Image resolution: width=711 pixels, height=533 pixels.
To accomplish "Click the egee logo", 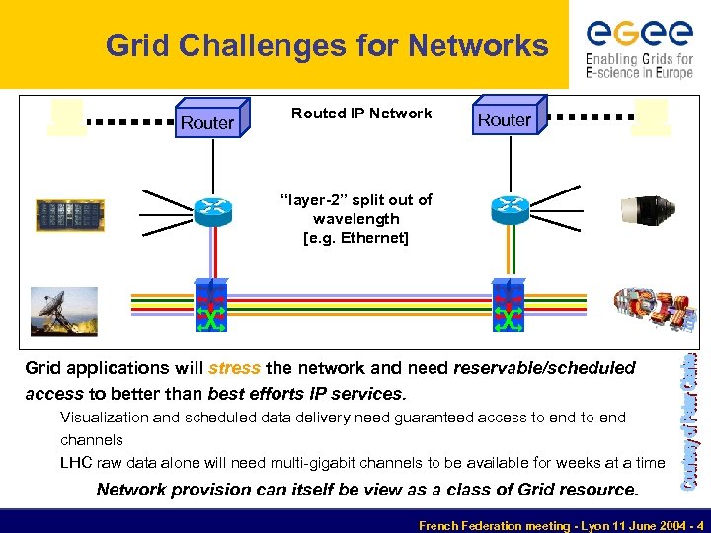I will click(639, 45).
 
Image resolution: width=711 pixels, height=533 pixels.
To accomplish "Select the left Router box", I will click(210, 119).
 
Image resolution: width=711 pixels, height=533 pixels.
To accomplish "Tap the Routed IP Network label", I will click(361, 114).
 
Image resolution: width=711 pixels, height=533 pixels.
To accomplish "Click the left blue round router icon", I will click(212, 207).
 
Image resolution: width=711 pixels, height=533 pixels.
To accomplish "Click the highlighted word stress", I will click(235, 368).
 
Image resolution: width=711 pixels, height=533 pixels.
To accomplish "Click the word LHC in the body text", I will click(77, 462).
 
